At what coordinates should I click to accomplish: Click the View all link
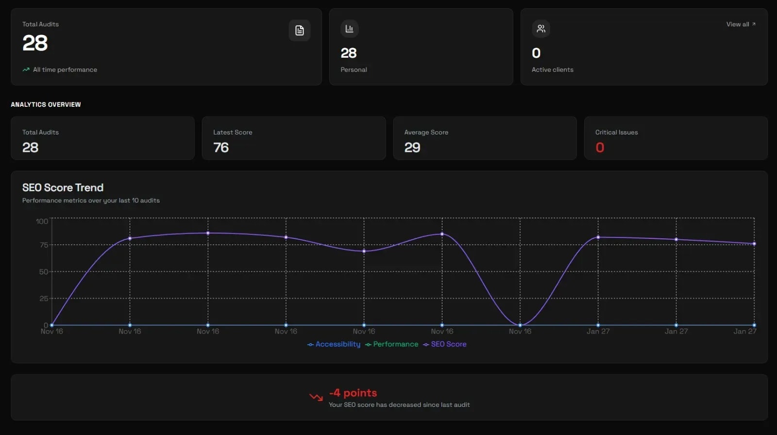click(740, 24)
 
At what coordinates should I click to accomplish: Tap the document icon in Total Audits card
click(300, 31)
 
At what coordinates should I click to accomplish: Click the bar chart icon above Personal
click(349, 29)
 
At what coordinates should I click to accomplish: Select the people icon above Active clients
click(541, 29)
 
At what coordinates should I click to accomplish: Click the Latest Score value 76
click(221, 148)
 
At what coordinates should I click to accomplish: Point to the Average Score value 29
click(412, 148)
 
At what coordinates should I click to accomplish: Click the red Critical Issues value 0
click(600, 148)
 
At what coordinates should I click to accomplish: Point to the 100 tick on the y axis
click(42, 221)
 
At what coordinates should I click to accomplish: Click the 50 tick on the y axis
click(44, 272)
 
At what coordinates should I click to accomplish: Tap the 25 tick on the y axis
click(44, 299)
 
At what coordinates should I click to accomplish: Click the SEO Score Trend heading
click(63, 188)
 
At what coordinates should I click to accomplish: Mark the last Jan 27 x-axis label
click(744, 332)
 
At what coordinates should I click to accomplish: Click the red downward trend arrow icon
click(316, 398)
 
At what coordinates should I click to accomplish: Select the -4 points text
click(353, 393)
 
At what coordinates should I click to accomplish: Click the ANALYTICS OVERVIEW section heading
click(46, 104)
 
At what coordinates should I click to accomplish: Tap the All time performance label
click(65, 70)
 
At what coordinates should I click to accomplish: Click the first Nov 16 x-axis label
click(52, 332)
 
